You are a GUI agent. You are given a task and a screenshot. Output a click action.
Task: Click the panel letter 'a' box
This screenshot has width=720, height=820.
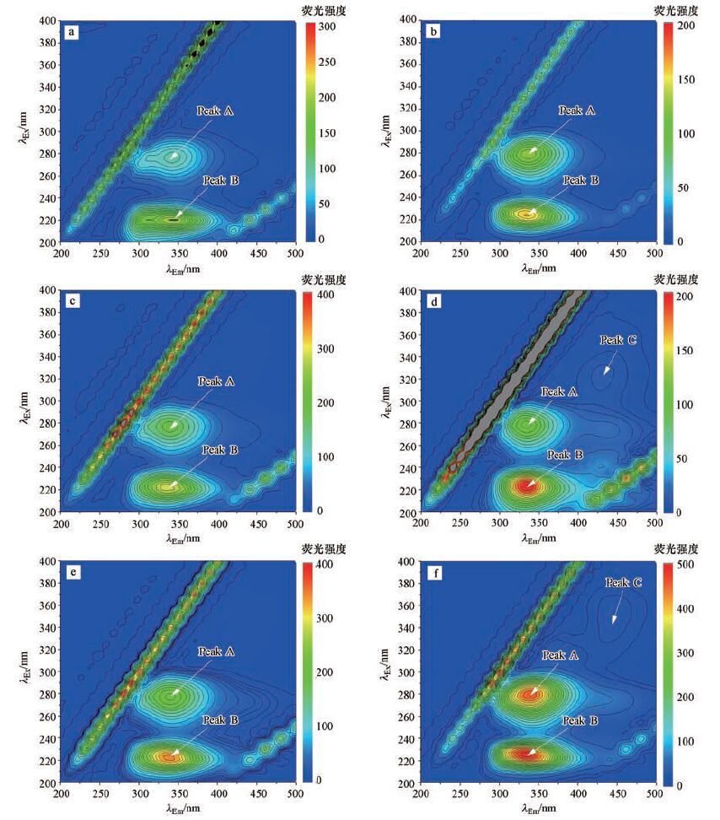[x=73, y=34]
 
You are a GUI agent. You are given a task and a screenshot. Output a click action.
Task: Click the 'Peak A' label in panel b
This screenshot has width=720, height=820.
[x=578, y=111]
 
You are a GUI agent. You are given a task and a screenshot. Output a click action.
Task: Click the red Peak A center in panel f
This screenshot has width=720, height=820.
[x=531, y=694]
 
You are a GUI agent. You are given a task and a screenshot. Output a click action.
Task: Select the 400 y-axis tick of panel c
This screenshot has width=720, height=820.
[x=47, y=291]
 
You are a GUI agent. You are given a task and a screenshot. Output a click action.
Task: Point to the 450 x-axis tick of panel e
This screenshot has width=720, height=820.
[x=257, y=796]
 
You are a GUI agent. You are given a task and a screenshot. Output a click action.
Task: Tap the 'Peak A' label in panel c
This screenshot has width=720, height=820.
[x=218, y=381]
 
